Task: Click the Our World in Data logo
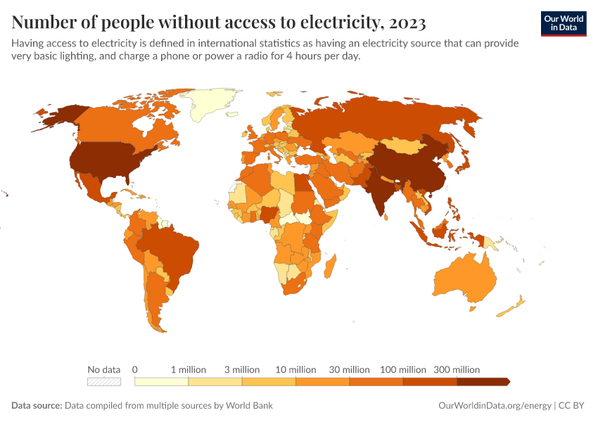563,23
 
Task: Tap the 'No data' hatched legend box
104,382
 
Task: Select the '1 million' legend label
189,369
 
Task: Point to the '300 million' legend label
457,369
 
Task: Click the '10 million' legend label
295,369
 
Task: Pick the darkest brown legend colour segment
482,382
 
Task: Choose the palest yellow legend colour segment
161,382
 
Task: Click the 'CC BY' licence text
573,406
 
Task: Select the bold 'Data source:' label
37,406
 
